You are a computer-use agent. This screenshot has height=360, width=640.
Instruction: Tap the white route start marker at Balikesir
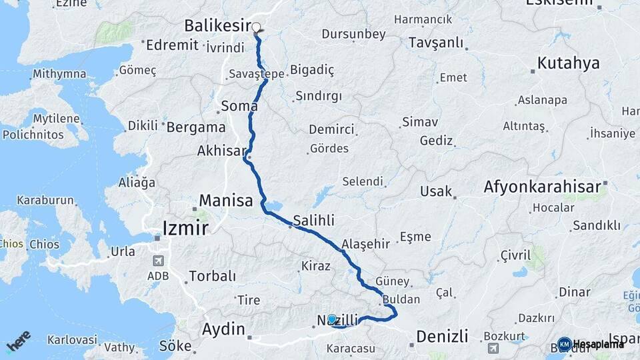tap(256, 28)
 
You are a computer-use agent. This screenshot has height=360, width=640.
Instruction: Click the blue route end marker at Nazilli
tap(332, 319)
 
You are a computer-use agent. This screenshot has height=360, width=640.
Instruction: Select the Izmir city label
tap(185, 229)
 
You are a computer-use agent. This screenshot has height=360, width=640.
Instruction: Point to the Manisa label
tap(226, 200)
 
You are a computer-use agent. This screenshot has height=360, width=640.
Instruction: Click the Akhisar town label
tap(221, 151)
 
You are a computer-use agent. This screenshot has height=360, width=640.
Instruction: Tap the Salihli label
tap(313, 221)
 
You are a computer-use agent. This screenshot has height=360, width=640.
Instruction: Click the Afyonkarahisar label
tap(543, 187)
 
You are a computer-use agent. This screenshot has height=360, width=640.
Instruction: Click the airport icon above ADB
tap(158, 261)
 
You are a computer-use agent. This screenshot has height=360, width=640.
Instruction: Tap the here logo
tap(18, 341)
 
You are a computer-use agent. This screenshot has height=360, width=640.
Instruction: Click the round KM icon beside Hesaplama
tap(565, 344)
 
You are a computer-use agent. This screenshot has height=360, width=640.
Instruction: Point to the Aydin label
tap(223, 329)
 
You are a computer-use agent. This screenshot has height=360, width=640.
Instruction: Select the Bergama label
tap(196, 127)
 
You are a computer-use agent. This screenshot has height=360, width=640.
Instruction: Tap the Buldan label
tap(402, 299)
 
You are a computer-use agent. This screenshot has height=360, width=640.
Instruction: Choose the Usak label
tap(435, 191)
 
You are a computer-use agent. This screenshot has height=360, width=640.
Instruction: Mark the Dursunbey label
tap(353, 33)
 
